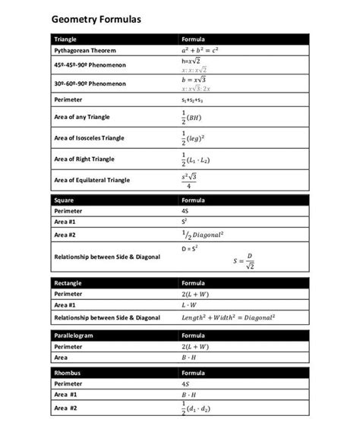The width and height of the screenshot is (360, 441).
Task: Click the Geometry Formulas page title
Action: tap(95, 18)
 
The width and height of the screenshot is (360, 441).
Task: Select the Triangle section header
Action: tap(65, 39)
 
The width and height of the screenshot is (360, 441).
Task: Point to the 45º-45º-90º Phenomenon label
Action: tap(90, 65)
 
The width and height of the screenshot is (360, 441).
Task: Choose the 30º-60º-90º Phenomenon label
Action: tap(90, 83)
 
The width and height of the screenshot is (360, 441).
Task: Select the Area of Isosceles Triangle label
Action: tap(89, 138)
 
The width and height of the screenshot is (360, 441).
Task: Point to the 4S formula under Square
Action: tap(185, 211)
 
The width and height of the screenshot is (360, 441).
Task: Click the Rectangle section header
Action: tap(68, 282)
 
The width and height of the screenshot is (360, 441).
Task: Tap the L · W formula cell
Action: tap(189, 304)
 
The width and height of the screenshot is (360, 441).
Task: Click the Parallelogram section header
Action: tap(74, 335)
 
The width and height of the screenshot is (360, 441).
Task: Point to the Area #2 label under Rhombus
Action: tap(65, 408)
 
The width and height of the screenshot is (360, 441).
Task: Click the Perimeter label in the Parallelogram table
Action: tap(68, 346)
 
